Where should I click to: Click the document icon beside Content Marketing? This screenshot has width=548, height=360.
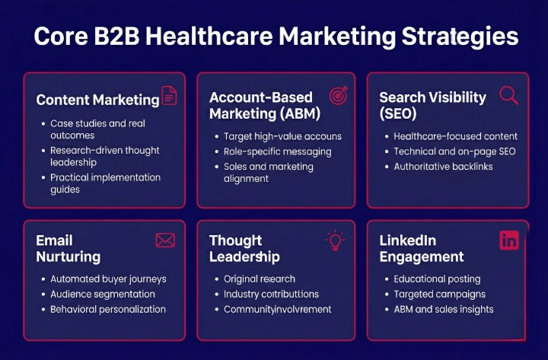169,96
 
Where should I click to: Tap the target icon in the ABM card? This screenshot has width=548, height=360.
338,96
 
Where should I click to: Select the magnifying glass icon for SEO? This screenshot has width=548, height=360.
508,95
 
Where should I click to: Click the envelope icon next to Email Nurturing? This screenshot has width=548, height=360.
165,241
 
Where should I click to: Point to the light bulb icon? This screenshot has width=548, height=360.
335,241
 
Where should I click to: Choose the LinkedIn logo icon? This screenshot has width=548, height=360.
509,241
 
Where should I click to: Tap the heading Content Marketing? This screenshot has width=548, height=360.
97,100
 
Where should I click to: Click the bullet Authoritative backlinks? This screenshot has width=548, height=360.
443,166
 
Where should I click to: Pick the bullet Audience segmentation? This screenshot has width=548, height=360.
103,294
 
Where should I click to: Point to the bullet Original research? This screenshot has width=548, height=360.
260,279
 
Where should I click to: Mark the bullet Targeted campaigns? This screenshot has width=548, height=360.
439,294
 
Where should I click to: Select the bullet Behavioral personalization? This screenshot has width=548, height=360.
108,309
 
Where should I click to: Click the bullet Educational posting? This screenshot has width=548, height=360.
438,279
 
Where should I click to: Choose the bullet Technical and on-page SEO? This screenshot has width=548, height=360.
454,151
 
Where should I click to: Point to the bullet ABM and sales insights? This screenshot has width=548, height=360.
444,309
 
